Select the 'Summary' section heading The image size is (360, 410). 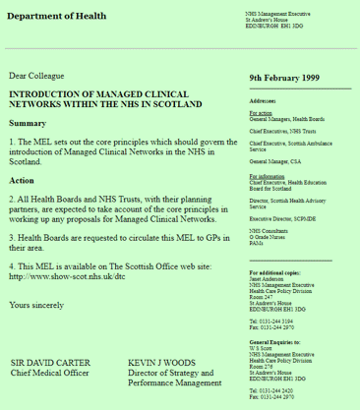click(28, 123)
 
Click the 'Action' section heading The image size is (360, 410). click(22, 180)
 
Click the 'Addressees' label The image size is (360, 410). click(264, 101)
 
